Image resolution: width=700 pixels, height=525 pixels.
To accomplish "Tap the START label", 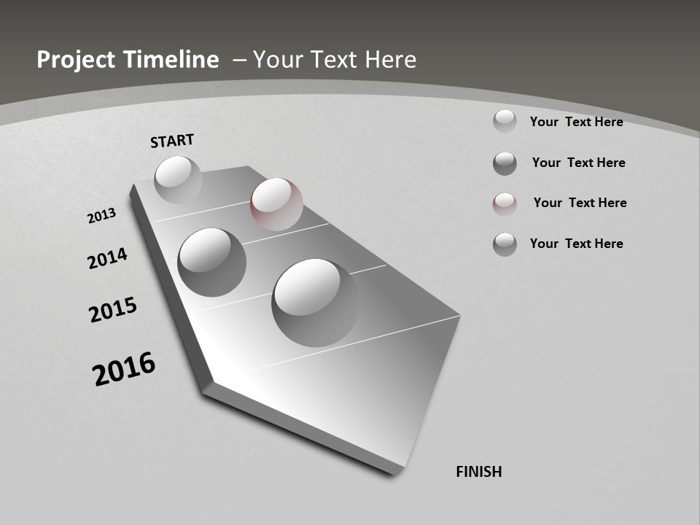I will click(x=172, y=141).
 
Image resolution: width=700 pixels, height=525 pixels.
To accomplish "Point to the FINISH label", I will click(x=478, y=472).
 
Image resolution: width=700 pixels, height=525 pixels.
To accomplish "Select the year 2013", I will click(x=101, y=216).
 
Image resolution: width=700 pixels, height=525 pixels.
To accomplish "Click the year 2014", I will click(x=107, y=258).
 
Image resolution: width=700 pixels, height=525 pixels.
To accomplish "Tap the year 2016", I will click(x=124, y=369).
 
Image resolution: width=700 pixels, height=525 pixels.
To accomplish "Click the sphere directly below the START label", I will click(x=178, y=179).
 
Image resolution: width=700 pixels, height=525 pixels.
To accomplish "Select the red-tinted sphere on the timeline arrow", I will click(x=276, y=204).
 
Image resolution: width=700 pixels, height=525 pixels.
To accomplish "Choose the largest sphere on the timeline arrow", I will click(x=315, y=302).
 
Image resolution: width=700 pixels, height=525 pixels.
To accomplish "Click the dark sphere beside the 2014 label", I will click(x=211, y=262).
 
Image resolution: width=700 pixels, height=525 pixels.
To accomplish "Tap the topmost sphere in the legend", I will click(x=505, y=121).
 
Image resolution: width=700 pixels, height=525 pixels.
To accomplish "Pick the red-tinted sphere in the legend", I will click(x=505, y=204).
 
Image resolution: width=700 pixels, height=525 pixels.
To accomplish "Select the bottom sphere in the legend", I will click(x=505, y=244).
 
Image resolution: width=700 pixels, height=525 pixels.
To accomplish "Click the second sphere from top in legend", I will click(x=505, y=163).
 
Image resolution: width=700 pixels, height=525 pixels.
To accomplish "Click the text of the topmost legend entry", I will click(x=576, y=122).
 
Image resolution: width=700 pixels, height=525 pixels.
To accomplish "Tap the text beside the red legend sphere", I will click(x=580, y=203).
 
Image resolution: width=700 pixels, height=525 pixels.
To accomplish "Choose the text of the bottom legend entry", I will click(x=576, y=244).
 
